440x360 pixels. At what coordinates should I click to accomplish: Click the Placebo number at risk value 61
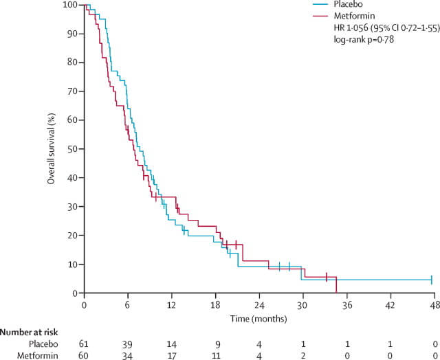tap(84, 343)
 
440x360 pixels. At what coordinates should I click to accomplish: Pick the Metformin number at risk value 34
tap(127, 355)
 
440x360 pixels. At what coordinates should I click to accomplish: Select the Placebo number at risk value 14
tap(171, 343)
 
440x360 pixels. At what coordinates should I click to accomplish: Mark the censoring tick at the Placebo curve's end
tap(431, 280)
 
